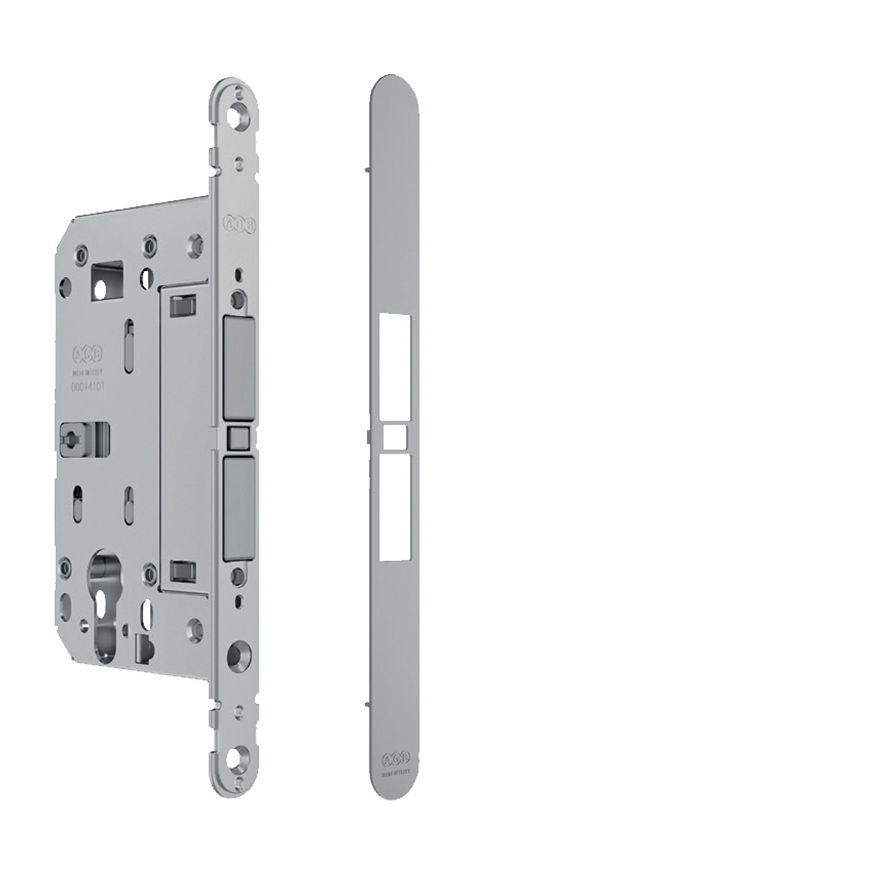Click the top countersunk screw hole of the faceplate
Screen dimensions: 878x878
[x=239, y=115]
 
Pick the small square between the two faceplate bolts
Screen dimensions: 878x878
[x=237, y=438]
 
